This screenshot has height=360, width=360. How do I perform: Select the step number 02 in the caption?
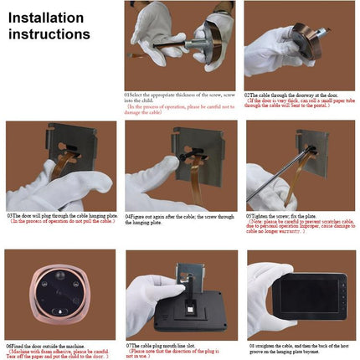tap(247, 95)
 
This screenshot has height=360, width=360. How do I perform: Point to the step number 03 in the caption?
tap(9, 214)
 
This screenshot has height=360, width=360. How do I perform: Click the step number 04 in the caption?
tap(128, 214)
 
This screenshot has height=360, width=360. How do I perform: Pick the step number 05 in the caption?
tap(249, 214)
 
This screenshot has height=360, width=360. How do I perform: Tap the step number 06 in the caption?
tap(8, 343)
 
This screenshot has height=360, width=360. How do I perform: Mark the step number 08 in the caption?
tap(250, 343)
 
